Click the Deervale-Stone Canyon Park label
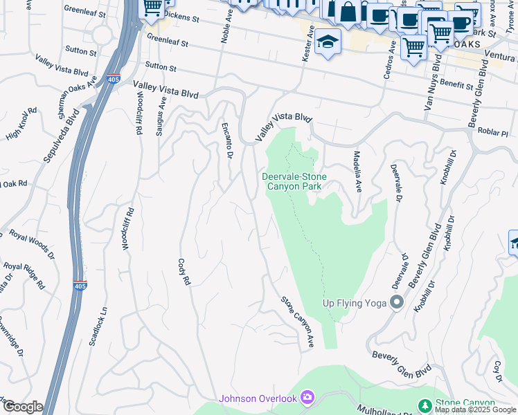click(294, 181)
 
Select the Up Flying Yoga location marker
click(397, 302)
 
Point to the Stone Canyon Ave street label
click(298, 322)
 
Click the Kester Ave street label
click(307, 44)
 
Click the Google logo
click(22, 406)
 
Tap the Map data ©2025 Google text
click(475, 409)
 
